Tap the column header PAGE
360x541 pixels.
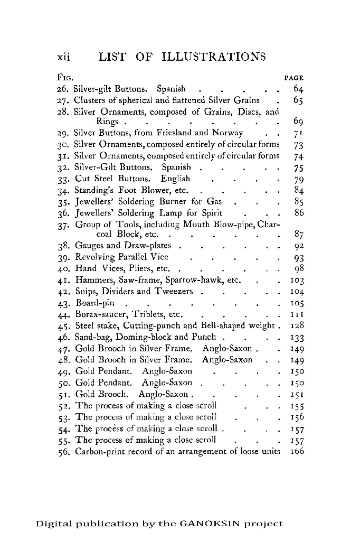[294, 78]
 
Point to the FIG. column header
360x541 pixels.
[65, 78]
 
